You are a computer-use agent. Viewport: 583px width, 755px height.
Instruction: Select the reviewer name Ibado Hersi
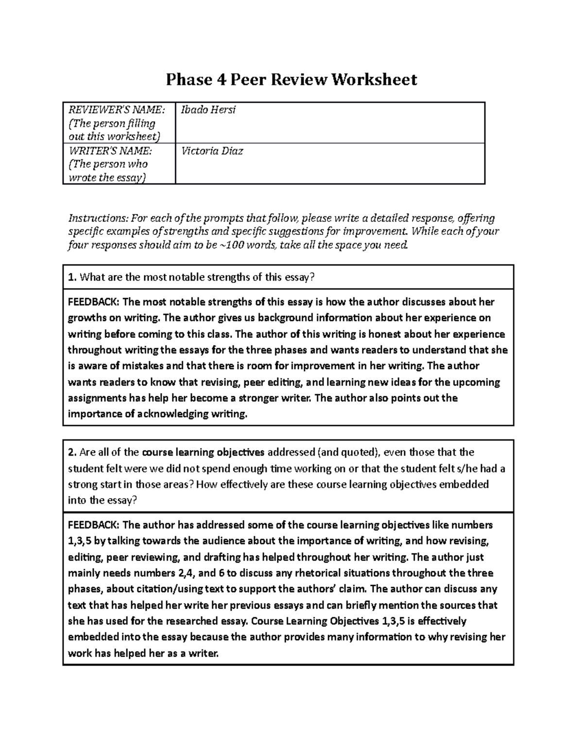click(208, 110)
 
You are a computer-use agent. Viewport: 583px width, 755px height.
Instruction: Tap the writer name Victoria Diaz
click(212, 151)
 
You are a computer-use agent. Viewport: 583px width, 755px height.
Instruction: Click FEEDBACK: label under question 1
click(93, 302)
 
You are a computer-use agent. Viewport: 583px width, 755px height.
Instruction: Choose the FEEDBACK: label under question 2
click(93, 525)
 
